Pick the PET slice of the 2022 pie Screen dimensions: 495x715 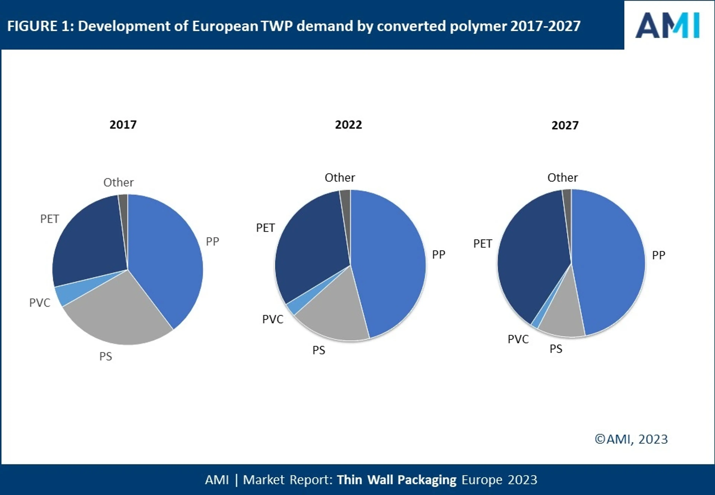(x=310, y=248)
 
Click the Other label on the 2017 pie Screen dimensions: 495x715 (x=118, y=182)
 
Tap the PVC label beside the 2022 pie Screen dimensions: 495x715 (x=273, y=319)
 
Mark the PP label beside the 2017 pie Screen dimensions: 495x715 (x=212, y=241)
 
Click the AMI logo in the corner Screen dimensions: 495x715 (x=667, y=26)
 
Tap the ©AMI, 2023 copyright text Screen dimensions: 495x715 (x=631, y=439)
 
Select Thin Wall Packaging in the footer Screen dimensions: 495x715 (x=397, y=480)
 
